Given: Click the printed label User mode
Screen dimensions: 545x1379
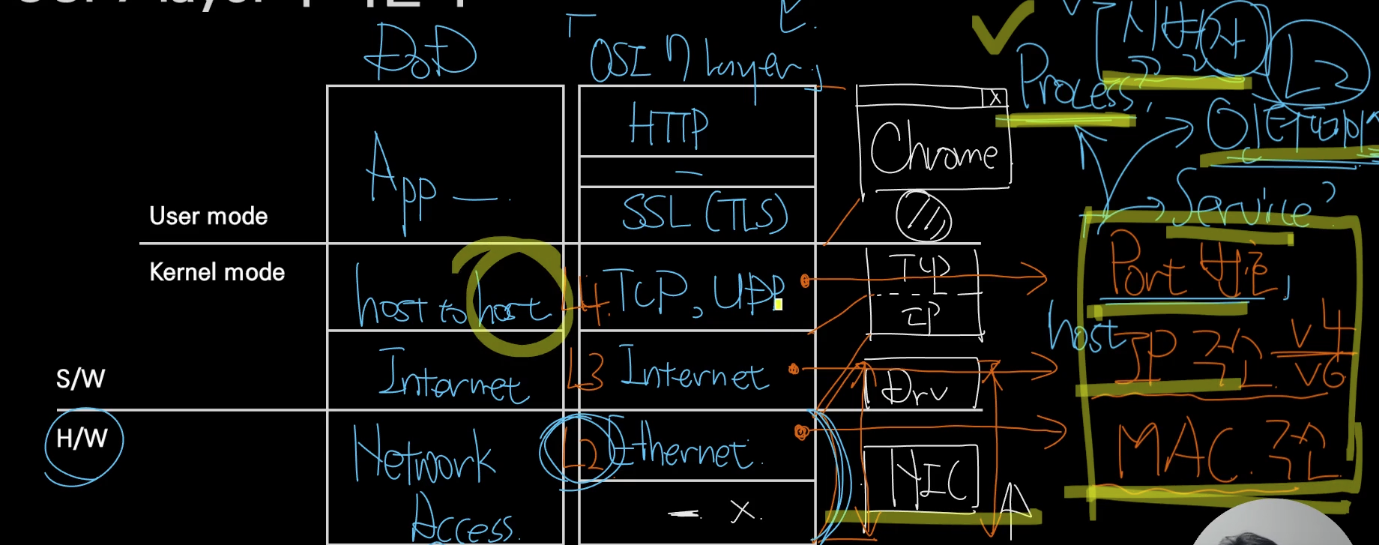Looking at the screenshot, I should (208, 216).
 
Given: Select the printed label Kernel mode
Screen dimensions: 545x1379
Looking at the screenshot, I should (217, 271).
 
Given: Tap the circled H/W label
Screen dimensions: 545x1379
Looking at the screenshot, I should (82, 439).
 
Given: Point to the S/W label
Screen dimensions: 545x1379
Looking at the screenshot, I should (80, 379).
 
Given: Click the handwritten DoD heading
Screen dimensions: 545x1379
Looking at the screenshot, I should (420, 52).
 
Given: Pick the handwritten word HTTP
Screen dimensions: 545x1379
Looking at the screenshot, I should (669, 125).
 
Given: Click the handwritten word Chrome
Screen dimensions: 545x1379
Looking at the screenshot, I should (933, 150).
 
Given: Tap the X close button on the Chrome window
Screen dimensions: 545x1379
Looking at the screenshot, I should (995, 98).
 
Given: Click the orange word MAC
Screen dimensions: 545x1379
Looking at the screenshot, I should (1177, 452).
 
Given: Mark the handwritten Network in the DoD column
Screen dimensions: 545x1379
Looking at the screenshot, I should (423, 454).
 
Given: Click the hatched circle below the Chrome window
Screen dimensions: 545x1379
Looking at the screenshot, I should (923, 216).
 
